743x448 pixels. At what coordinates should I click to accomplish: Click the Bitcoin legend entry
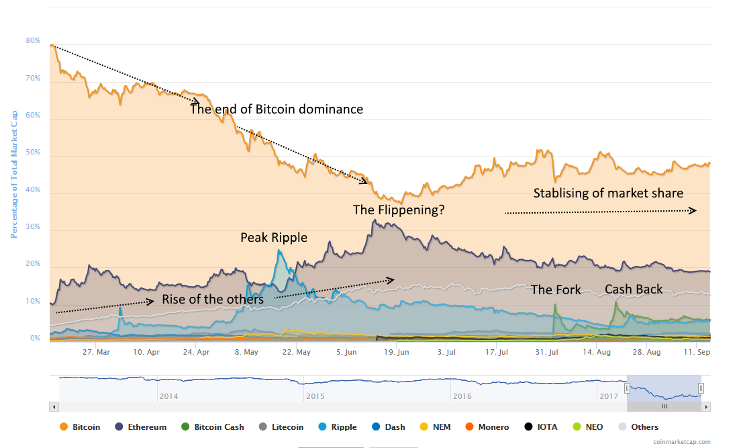(81, 427)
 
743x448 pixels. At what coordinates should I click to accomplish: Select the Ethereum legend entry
(142, 427)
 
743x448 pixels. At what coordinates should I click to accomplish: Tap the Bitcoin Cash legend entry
(213, 427)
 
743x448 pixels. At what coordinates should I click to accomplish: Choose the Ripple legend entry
(338, 427)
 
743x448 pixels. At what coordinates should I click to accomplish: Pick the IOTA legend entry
(539, 427)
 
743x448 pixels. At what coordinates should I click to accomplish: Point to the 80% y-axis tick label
(33, 41)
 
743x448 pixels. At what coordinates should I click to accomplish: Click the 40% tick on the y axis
(33, 189)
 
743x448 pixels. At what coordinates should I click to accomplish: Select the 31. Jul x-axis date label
(547, 352)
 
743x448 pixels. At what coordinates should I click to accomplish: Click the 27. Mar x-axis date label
(97, 352)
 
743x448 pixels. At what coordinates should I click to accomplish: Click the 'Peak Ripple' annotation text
(274, 238)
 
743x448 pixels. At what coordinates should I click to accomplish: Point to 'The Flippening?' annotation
(399, 210)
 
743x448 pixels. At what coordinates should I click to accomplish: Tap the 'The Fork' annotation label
(556, 290)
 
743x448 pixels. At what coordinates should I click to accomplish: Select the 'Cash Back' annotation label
(633, 289)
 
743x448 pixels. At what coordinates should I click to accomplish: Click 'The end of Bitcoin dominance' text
(277, 109)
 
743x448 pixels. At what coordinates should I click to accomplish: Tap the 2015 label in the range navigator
(315, 396)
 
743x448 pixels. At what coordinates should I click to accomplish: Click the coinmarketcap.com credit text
(681, 441)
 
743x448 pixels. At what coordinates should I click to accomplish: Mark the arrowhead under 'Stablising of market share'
(694, 211)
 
